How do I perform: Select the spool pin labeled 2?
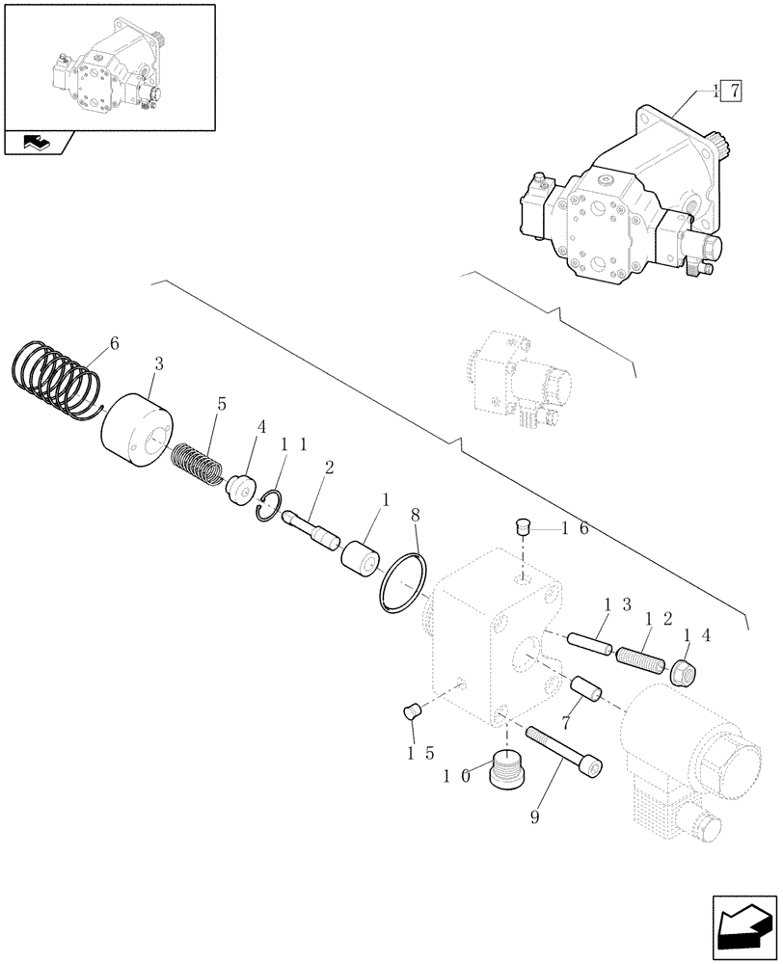pos(314,529)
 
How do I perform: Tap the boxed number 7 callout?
pos(730,93)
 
